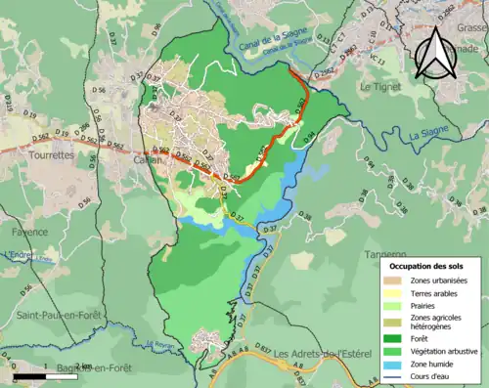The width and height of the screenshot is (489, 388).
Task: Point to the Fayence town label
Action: (29, 234)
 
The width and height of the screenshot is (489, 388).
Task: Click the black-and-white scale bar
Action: (45, 375)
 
